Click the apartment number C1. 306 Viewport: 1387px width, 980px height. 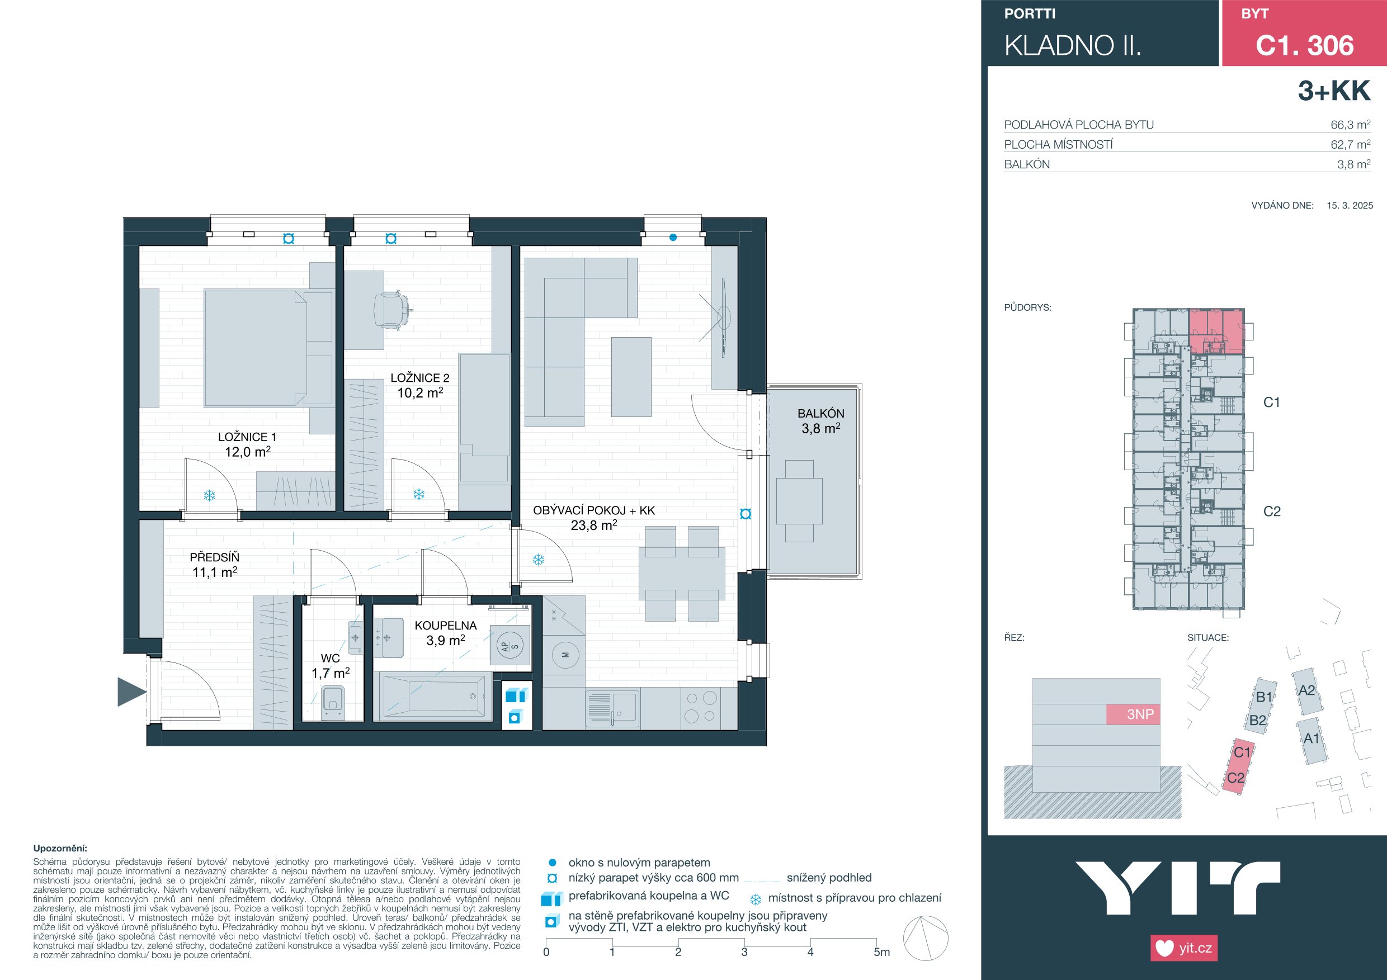tap(1304, 45)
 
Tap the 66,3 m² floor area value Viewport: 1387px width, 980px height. tap(1350, 125)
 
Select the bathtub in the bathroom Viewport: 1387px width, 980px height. tap(433, 695)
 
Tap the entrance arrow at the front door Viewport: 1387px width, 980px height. tap(131, 692)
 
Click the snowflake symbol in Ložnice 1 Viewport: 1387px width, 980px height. tap(209, 496)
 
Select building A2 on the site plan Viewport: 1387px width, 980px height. tap(1306, 691)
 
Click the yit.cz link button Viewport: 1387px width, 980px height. tap(1184, 948)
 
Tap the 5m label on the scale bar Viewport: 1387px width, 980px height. tap(881, 952)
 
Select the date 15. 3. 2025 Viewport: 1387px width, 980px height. tap(1350, 205)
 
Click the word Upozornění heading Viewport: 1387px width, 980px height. tap(60, 849)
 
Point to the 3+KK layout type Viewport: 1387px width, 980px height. tap(1334, 91)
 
